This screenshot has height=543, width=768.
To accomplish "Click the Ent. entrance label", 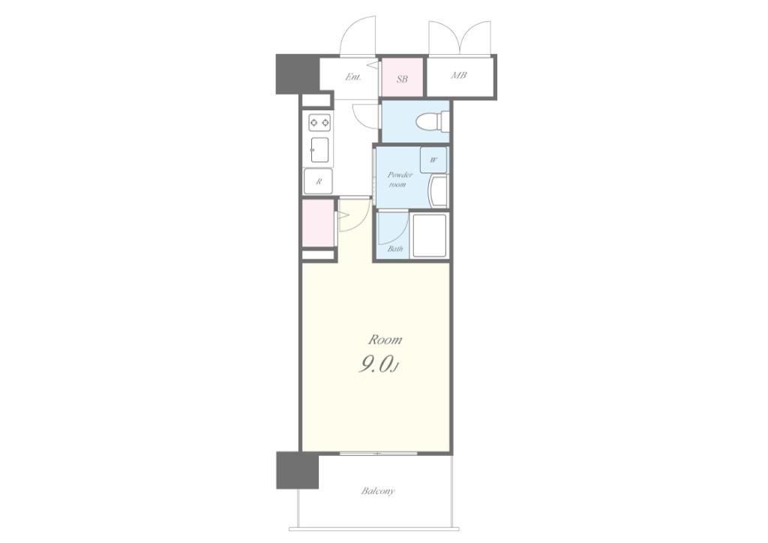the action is (x=352, y=76).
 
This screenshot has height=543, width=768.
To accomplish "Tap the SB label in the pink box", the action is (x=402, y=78).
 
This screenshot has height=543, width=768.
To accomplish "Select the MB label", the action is (x=459, y=76).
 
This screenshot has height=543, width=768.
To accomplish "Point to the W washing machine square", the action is (x=433, y=160).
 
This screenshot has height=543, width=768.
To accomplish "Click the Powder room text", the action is (x=400, y=179).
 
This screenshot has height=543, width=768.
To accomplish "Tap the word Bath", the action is (x=395, y=249).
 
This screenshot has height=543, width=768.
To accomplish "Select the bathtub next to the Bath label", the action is (x=430, y=235).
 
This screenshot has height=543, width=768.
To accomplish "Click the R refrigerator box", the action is (x=318, y=181).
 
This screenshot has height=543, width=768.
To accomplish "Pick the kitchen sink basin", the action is (x=319, y=150).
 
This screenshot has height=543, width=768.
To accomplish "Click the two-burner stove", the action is (x=319, y=122).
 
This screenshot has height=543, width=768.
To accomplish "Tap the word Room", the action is (x=385, y=339).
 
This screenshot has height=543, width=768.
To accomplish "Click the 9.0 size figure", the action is (x=377, y=364).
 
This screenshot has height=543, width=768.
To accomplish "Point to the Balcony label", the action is (x=378, y=490).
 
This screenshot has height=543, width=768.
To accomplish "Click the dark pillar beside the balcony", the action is (x=297, y=470).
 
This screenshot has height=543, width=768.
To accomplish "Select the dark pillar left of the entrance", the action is (x=298, y=74).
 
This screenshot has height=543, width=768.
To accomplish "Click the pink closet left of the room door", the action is (x=318, y=223).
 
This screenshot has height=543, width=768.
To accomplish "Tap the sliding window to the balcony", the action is (x=378, y=454).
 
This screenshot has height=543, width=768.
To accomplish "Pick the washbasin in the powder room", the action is (x=438, y=192).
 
